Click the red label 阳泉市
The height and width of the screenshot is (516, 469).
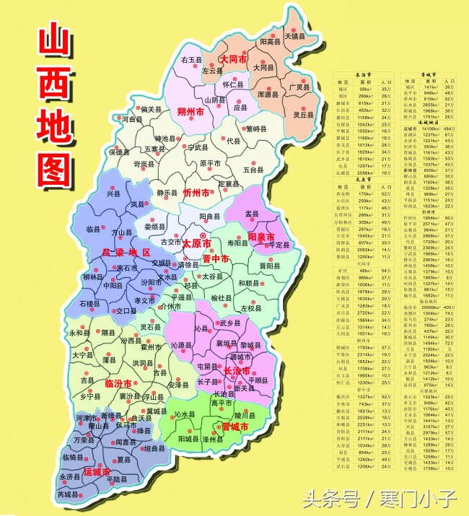261,237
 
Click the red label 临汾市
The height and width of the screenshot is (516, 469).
118,382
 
